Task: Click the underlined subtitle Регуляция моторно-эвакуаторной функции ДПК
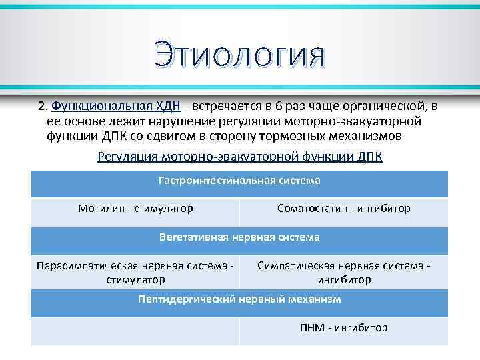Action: click(x=239, y=157)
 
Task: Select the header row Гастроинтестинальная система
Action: click(x=239, y=181)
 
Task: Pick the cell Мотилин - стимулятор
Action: click(x=135, y=209)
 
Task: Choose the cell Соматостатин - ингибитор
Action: click(x=343, y=209)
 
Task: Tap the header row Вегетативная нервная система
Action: click(x=239, y=237)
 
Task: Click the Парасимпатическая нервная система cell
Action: click(x=135, y=272)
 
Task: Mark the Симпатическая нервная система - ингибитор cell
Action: click(x=343, y=272)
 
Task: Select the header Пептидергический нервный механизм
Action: click(x=239, y=299)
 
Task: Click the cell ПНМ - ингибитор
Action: click(x=343, y=328)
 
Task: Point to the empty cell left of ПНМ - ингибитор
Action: click(x=135, y=331)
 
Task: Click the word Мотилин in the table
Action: click(x=99, y=209)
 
